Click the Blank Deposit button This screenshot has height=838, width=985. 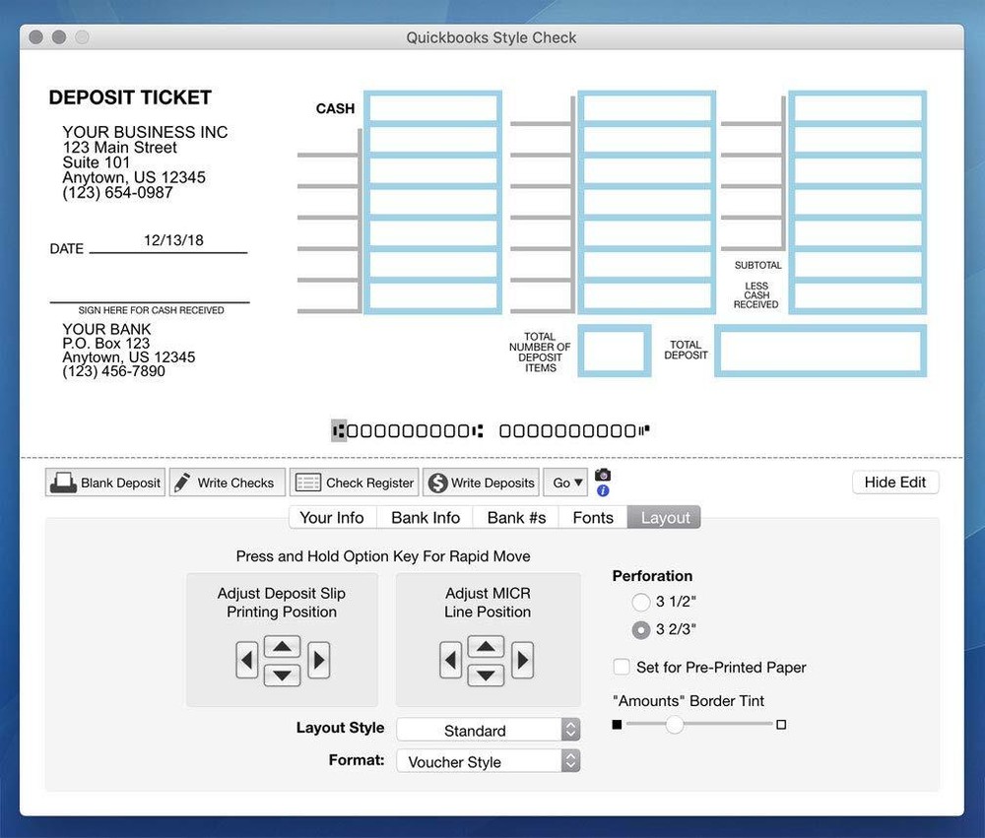105,483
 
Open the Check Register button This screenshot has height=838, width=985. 355,483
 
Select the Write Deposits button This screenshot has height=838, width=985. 482,483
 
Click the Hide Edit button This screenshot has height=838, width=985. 894,483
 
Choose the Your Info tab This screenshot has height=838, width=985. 331,518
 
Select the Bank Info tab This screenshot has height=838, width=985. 426,518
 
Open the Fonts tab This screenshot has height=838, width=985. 593,518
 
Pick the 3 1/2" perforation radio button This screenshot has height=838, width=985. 641,602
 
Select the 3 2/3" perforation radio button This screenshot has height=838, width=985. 641,629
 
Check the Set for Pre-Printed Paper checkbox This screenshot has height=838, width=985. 622,667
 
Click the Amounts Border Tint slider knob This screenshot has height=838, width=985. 674,725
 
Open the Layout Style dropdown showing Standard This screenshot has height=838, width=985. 488,730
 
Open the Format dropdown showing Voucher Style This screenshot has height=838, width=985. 488,761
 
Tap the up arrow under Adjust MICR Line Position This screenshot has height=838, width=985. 485,647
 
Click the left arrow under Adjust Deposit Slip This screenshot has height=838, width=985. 247,660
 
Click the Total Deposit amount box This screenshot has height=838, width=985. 820,352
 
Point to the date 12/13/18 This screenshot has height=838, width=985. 173,240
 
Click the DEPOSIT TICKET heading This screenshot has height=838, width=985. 130,97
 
